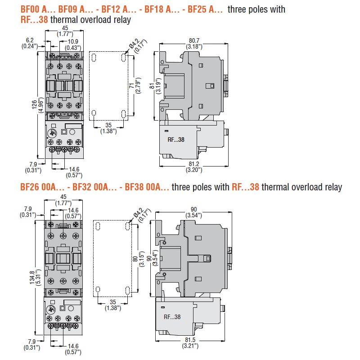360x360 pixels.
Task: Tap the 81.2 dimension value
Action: pyautogui.click(x=194, y=164)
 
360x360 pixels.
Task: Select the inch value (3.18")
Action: pyautogui.click(x=194, y=46)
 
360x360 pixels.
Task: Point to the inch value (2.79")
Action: pyautogui.click(x=138, y=84)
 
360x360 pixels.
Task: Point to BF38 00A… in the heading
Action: pyautogui.click(x=147, y=187)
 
